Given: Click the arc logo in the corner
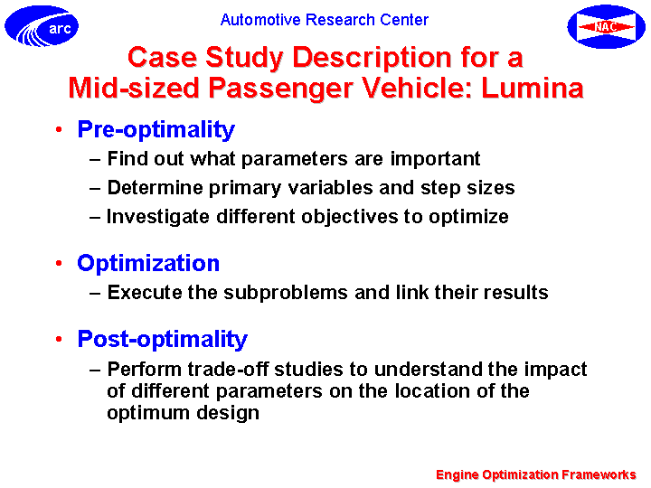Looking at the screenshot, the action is (x=42, y=26).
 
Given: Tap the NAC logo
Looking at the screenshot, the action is (x=606, y=26).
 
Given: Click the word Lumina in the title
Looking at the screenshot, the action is (x=533, y=88).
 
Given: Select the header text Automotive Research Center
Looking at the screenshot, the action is (x=325, y=20).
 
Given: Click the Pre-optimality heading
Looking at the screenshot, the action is (x=156, y=129).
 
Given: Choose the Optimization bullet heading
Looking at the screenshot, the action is (x=148, y=263).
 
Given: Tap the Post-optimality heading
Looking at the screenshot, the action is (x=163, y=340).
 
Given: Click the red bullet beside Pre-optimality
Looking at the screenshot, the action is (x=59, y=130).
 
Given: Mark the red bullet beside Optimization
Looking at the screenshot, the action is (x=59, y=263).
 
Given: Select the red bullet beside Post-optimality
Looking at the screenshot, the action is (x=59, y=340).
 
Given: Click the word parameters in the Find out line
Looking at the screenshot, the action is (x=295, y=159).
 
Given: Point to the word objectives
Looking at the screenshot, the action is (x=350, y=217).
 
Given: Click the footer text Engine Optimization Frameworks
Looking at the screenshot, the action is (x=536, y=474).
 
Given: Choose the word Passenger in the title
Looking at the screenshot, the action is (x=280, y=89).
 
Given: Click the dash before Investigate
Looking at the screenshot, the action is (x=95, y=218).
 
